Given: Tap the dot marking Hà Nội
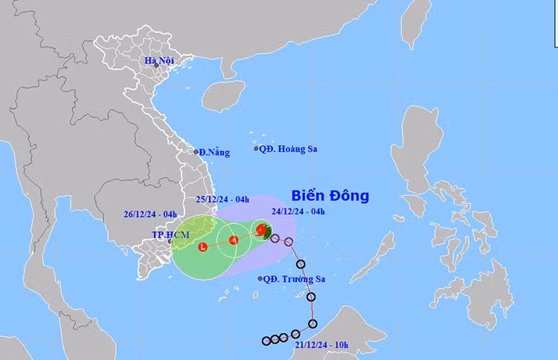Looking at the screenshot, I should point(156,66).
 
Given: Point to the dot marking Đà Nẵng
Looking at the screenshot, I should point(197,151).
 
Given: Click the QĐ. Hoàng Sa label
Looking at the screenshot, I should point(288,149).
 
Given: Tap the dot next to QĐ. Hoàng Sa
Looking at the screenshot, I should point(256,149).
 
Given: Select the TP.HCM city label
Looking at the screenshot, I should point(171,234).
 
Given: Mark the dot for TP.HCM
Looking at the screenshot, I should point(170,242).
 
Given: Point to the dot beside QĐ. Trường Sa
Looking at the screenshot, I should point(260,279).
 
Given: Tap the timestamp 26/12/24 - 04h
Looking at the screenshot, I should point(150,215).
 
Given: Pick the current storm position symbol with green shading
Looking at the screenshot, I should point(262,231).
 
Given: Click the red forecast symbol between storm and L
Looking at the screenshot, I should point(233,240).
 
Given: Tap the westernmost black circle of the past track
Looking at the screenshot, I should point(266,341).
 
